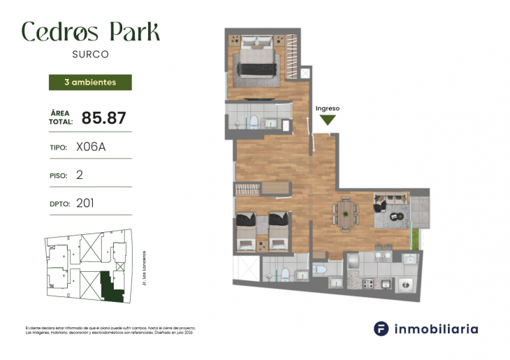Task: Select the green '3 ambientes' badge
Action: click(x=90, y=82)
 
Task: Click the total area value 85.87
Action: click(x=103, y=117)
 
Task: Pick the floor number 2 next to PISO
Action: click(x=79, y=175)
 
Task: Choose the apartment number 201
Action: click(x=85, y=203)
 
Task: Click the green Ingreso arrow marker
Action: click(x=328, y=120)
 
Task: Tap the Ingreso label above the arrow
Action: click(x=328, y=108)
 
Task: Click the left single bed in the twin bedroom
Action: click(x=245, y=231)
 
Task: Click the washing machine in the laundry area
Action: click(x=404, y=285)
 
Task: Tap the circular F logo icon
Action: click(x=381, y=329)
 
